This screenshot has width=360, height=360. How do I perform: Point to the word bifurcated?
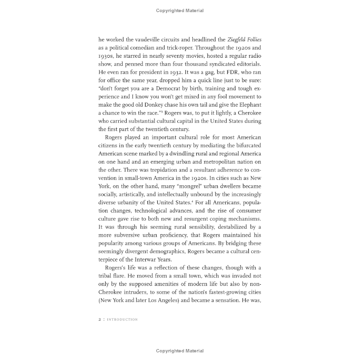coord(245,145)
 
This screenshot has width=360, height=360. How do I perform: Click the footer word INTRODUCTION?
coord(122,320)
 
